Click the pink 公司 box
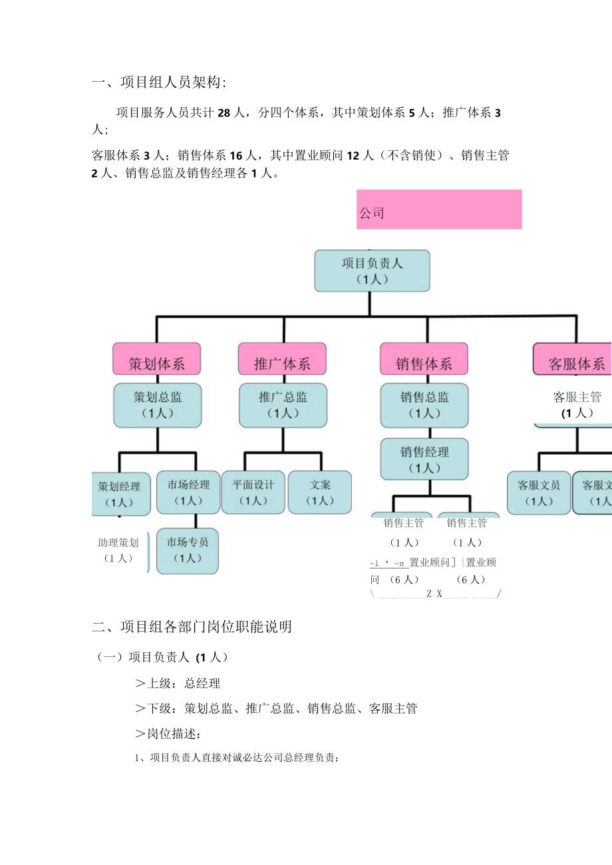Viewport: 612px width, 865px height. (x=439, y=209)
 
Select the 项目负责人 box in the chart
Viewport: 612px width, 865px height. (x=372, y=271)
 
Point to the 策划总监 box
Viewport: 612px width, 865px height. (x=158, y=405)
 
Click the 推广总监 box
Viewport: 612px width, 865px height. (x=283, y=405)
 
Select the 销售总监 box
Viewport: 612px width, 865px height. (x=424, y=405)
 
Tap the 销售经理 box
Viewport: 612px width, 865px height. (x=424, y=459)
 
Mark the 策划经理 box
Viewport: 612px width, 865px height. (x=120, y=493)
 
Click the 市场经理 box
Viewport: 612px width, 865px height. (x=188, y=492)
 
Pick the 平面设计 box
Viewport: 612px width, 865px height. (x=253, y=492)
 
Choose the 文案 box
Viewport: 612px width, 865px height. (x=320, y=492)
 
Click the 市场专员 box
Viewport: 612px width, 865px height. (x=188, y=550)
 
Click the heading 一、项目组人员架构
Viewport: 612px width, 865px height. (x=159, y=82)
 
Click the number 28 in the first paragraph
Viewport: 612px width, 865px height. (x=224, y=113)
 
